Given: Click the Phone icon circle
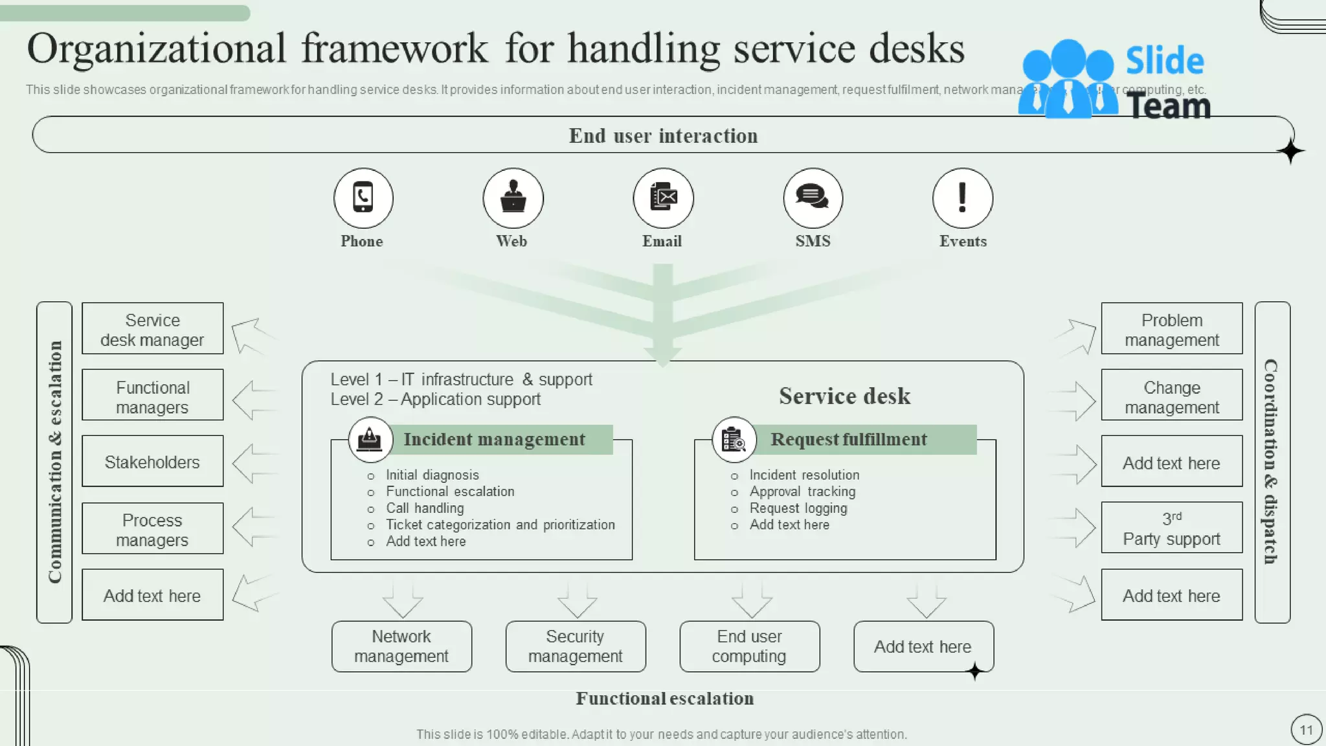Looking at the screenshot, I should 363,198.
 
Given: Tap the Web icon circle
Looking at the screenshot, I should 513,198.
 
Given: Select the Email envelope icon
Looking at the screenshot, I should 663,198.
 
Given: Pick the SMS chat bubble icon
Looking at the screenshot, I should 813,198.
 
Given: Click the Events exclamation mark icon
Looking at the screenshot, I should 962,198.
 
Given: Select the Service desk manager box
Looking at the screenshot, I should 152,328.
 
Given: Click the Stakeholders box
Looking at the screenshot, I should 152,461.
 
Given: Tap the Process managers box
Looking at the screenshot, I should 152,528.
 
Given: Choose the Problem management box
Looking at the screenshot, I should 1171,328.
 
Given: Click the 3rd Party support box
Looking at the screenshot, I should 1171,528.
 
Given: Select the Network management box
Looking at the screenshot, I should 401,646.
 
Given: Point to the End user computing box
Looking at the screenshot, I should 749,646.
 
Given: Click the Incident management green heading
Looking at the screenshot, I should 495,440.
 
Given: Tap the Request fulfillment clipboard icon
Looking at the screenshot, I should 734,440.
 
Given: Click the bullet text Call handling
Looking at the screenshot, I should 425,508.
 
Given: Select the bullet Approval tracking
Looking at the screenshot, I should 802,492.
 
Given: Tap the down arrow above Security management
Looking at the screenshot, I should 577,600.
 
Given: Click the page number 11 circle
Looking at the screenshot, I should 1306,730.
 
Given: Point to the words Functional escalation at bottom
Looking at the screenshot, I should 664,699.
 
